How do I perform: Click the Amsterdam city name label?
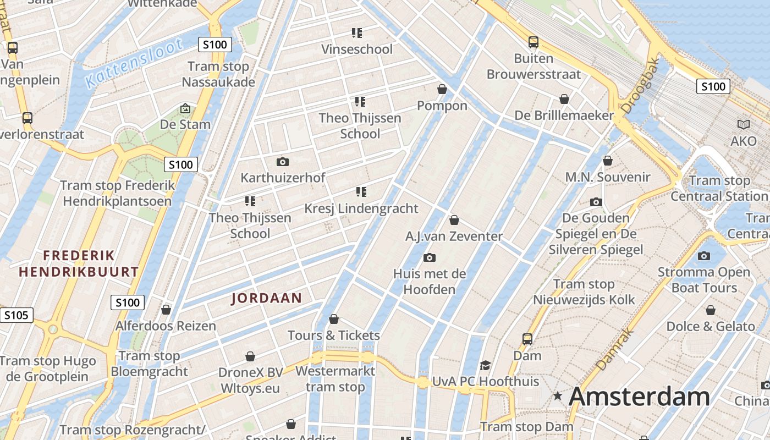pyautogui.click(x=639, y=397)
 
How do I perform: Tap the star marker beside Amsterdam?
pyautogui.click(x=558, y=396)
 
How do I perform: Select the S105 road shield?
pyautogui.click(x=16, y=315)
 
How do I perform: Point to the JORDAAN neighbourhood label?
pyautogui.click(x=267, y=298)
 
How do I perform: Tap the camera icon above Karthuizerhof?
pyautogui.click(x=283, y=162)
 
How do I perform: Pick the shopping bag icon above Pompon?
pyautogui.click(x=442, y=89)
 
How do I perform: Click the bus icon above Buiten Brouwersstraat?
pyautogui.click(x=533, y=42)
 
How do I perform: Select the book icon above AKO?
pyautogui.click(x=744, y=125)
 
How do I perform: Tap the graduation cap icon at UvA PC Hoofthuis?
pyautogui.click(x=485, y=365)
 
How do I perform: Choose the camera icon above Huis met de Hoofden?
pyautogui.click(x=430, y=257)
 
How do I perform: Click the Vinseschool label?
pyautogui.click(x=357, y=50)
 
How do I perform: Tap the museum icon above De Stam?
pyautogui.click(x=185, y=108)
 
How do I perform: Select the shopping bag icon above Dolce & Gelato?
pyautogui.click(x=711, y=310)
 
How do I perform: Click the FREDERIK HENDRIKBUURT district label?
pyautogui.click(x=79, y=263)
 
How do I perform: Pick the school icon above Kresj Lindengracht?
pyautogui.click(x=361, y=192)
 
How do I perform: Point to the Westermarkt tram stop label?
pyautogui.click(x=335, y=379)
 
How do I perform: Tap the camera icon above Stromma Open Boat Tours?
pyautogui.click(x=704, y=256)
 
